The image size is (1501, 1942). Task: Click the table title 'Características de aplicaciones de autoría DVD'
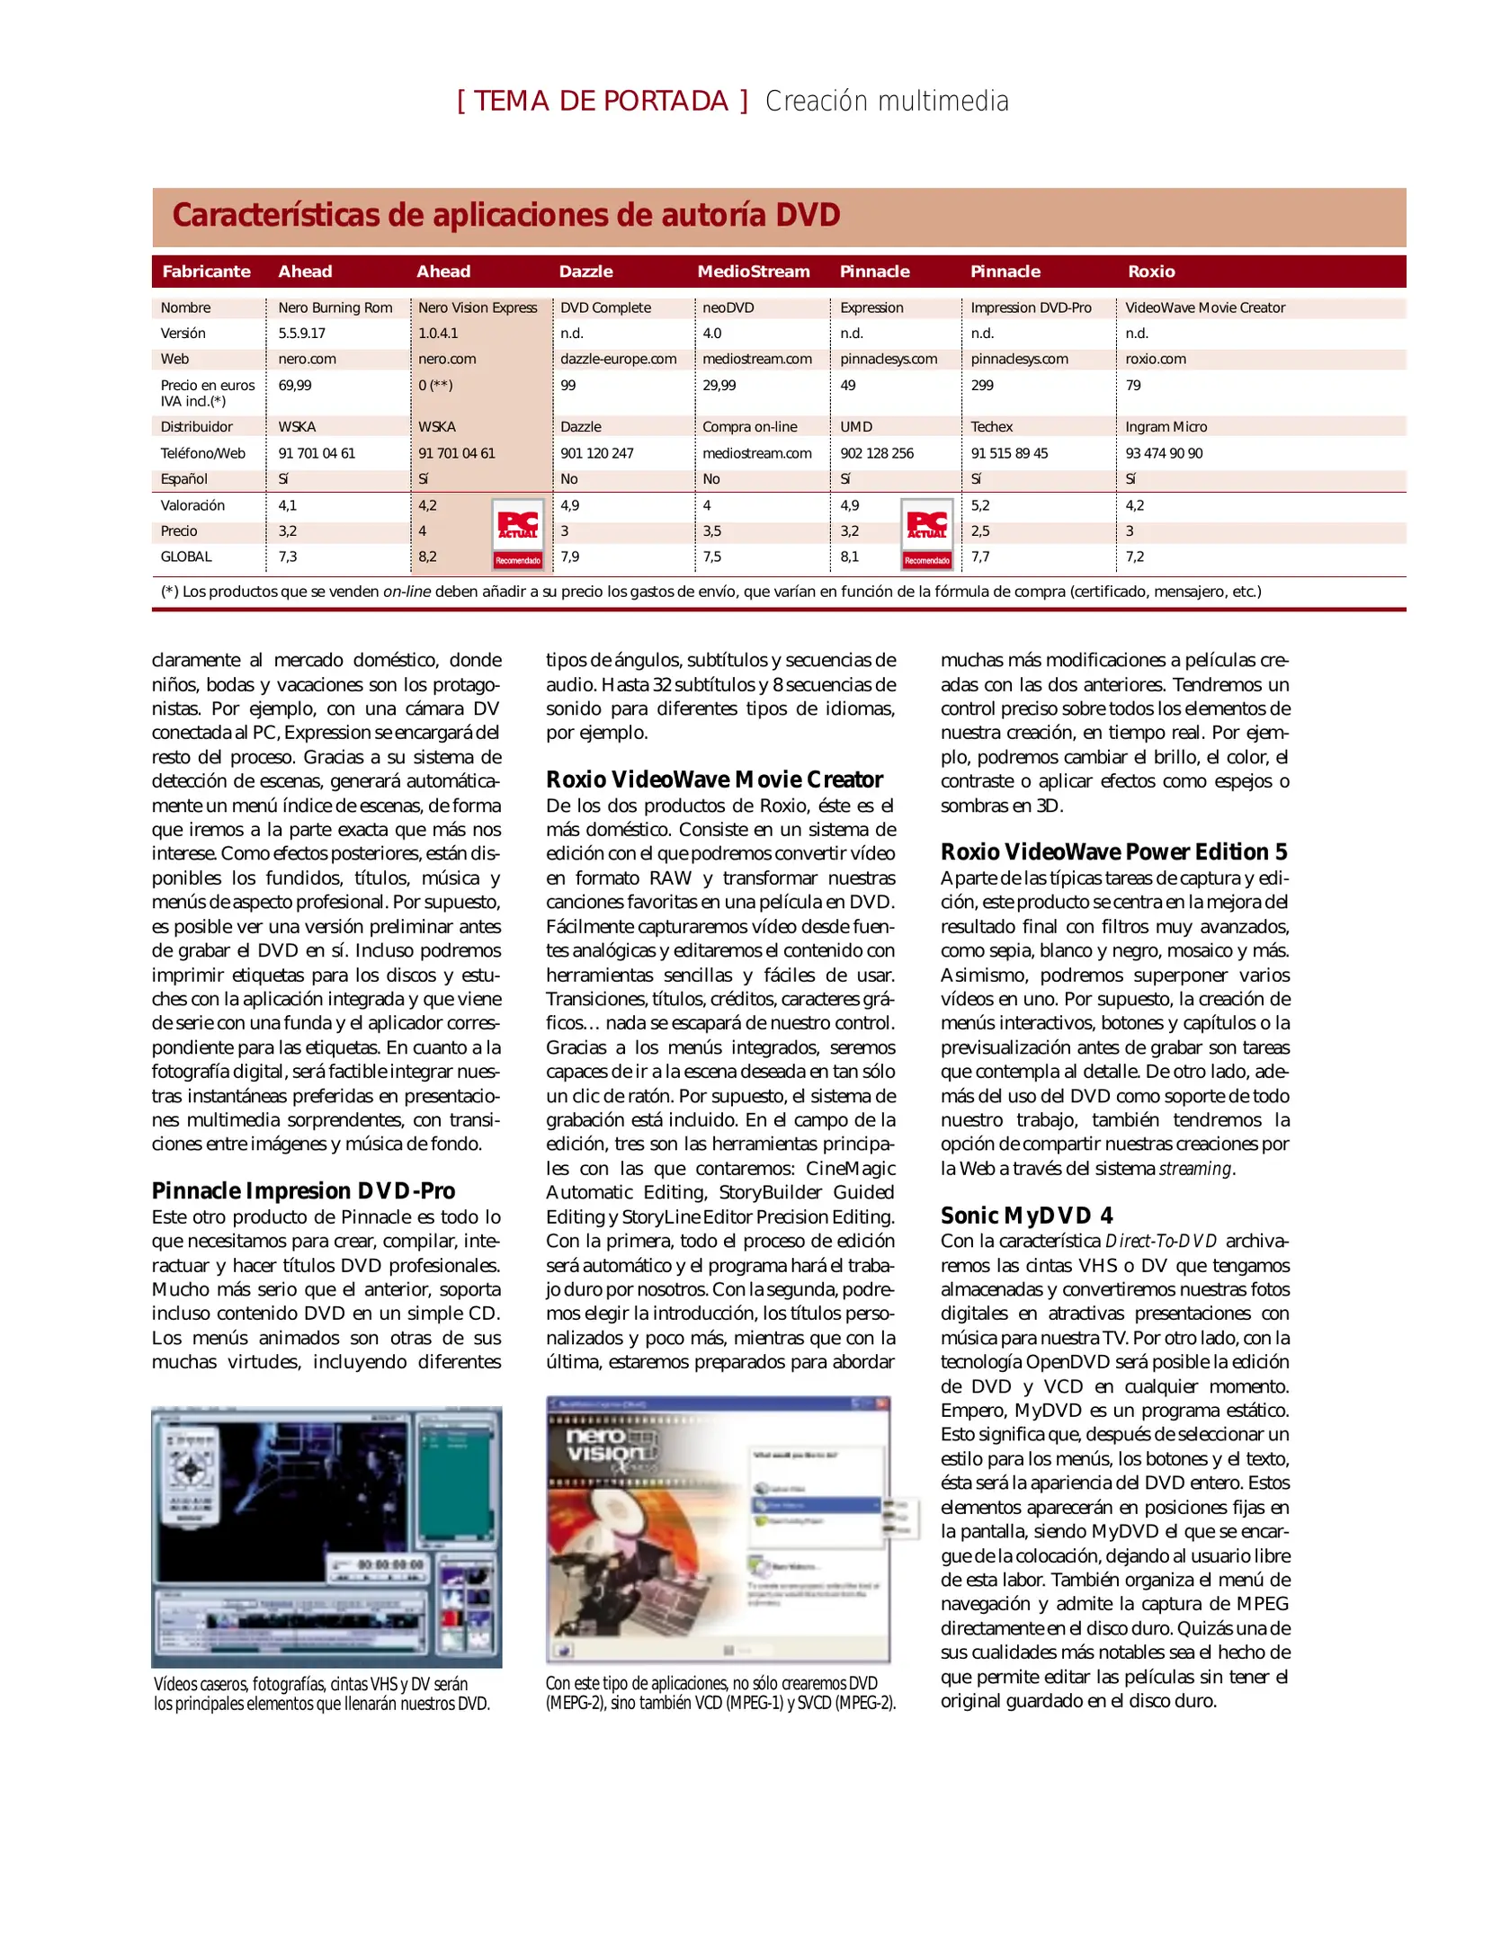tap(505, 216)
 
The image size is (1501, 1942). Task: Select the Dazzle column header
tap(585, 272)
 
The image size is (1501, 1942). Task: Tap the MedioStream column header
tap(753, 272)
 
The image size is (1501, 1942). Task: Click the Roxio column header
tap(1150, 272)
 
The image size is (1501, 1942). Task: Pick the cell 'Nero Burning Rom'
tap(335, 307)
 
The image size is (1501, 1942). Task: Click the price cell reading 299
tap(981, 385)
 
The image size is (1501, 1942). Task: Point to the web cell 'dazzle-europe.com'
tap(618, 359)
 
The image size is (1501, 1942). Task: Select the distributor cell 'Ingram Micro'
tap(1166, 427)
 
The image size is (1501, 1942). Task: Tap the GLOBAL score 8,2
tap(427, 557)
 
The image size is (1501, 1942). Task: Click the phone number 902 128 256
tap(876, 453)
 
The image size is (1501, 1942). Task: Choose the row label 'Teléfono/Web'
tap(202, 453)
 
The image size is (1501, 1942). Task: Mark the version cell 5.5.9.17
tap(301, 333)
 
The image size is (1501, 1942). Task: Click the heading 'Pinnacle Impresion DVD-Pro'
tap(303, 1190)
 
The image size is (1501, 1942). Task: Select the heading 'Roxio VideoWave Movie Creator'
tap(714, 779)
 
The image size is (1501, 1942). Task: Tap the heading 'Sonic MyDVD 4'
tap(1026, 1216)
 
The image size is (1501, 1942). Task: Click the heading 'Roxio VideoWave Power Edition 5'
tap(1113, 851)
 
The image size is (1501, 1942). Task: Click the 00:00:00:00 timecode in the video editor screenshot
tap(390, 1565)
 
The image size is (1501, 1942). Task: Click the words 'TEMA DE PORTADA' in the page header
tap(601, 101)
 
